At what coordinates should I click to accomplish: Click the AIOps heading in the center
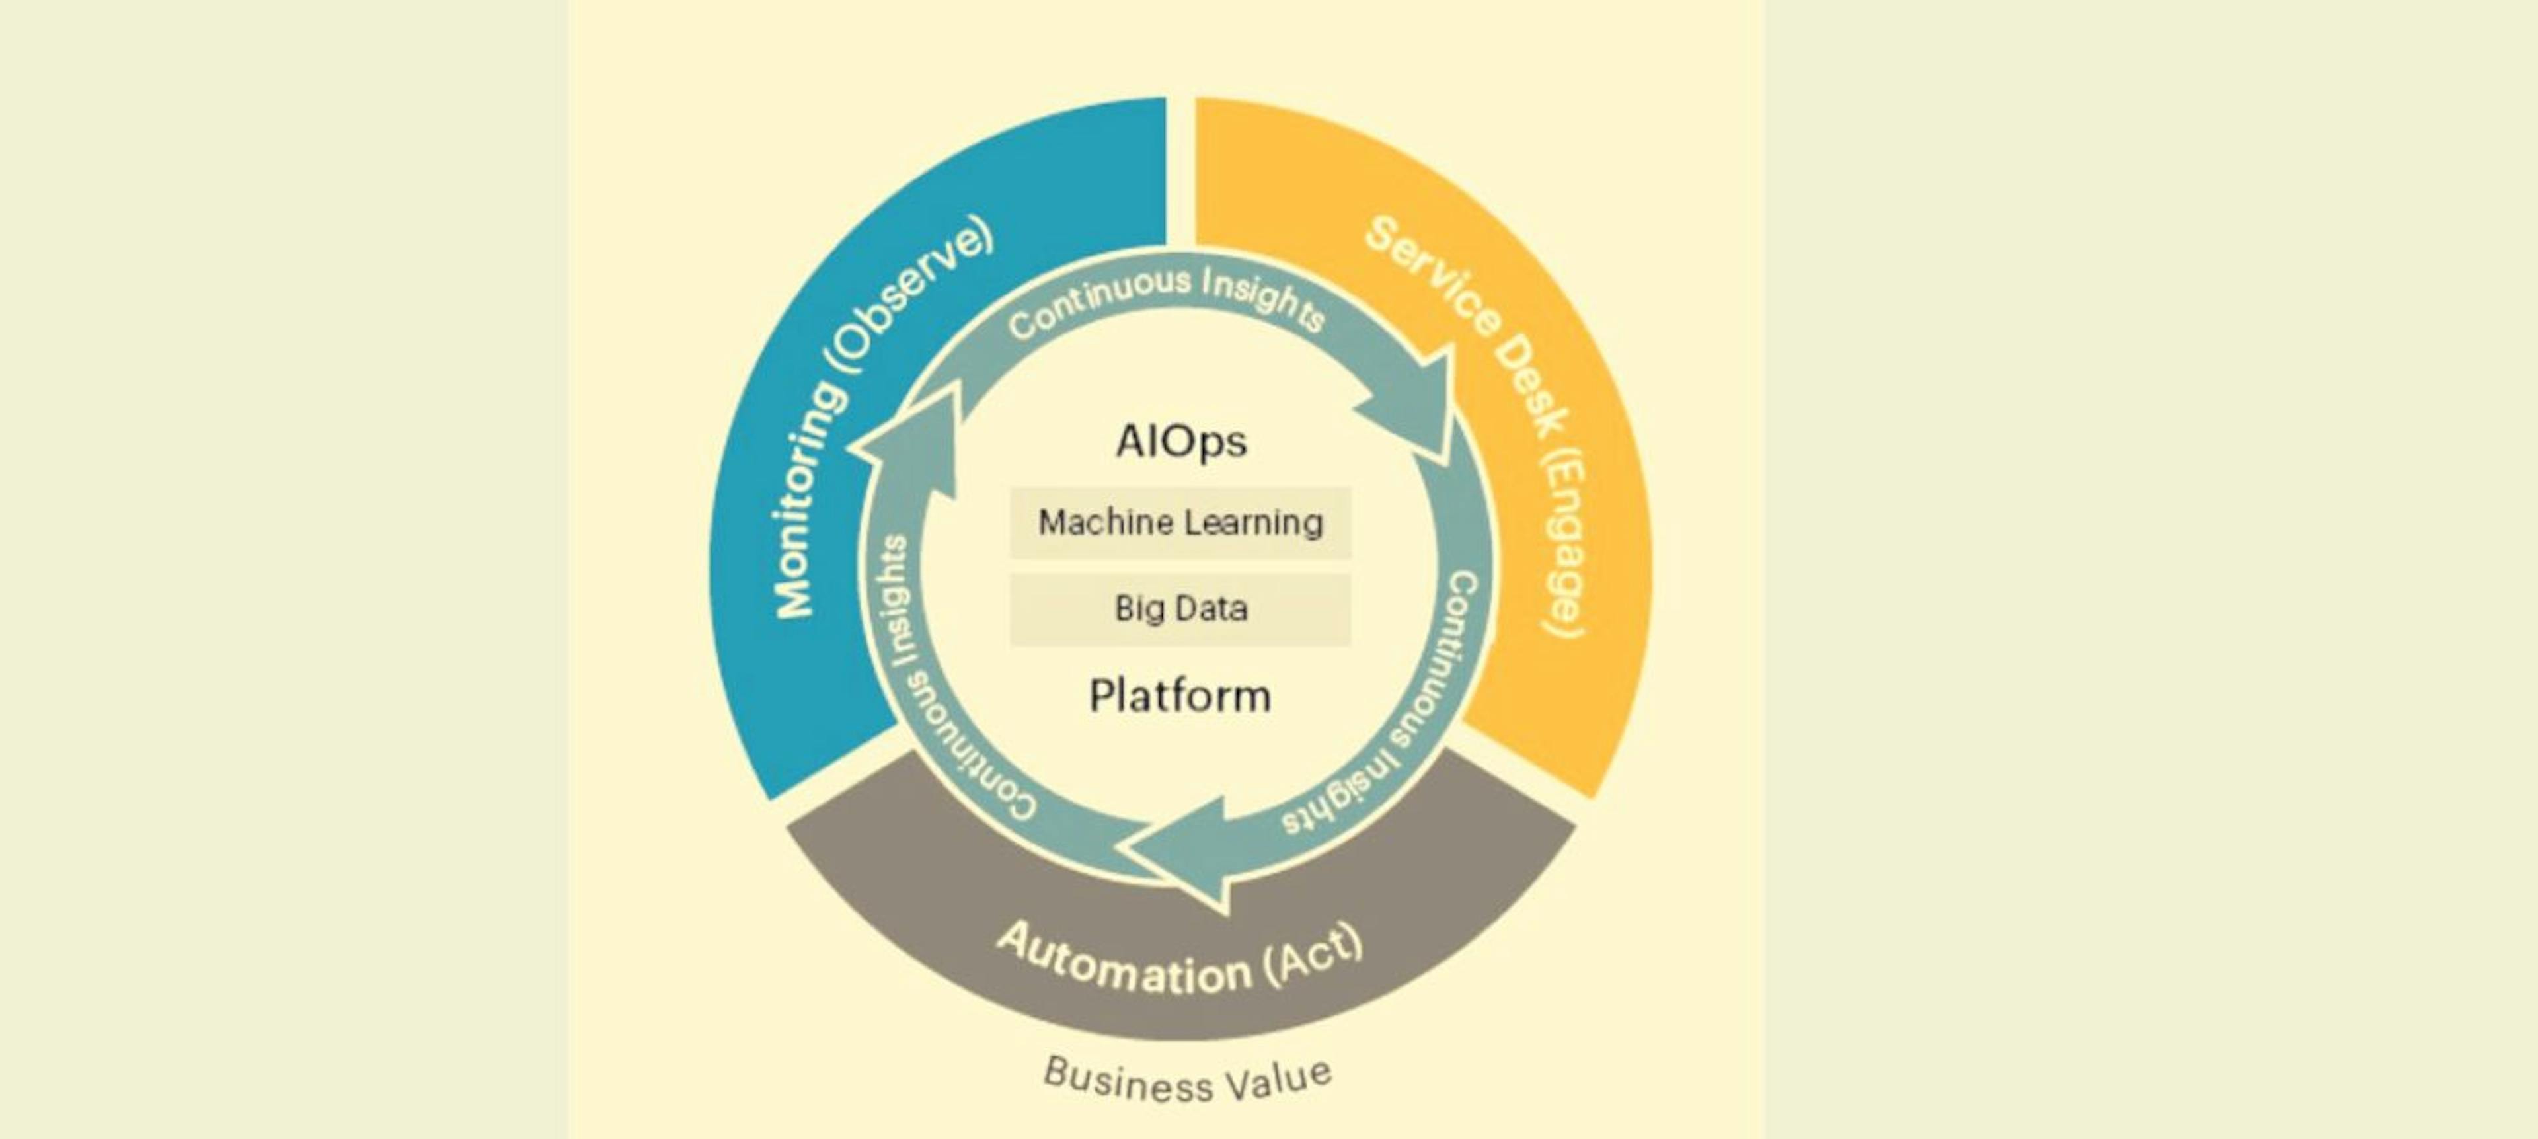point(1180,442)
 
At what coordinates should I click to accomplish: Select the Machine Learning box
point(1180,522)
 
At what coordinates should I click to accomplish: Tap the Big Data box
point(1180,609)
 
